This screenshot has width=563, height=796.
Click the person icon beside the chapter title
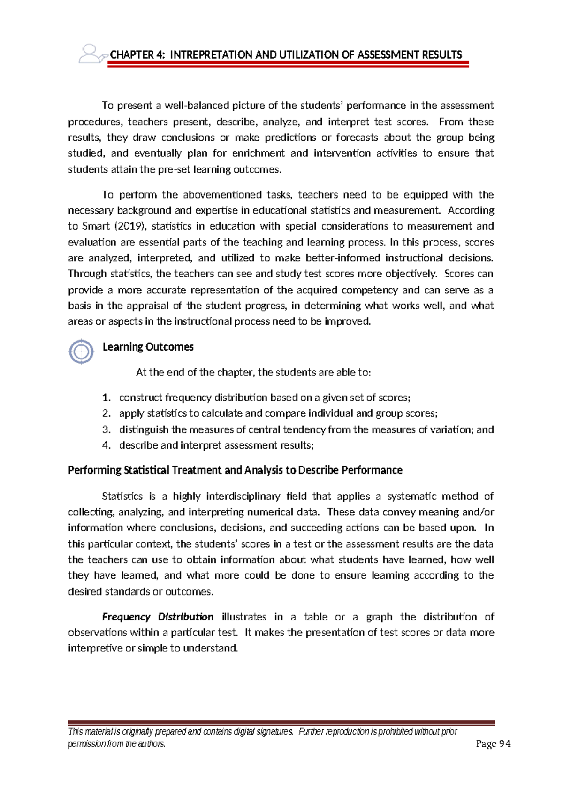(x=91, y=54)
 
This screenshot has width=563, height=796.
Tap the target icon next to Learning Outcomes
(x=81, y=351)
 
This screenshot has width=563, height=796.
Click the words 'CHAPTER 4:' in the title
(x=137, y=55)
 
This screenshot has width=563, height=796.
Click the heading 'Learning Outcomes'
(x=148, y=347)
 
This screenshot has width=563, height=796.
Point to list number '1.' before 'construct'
(x=107, y=398)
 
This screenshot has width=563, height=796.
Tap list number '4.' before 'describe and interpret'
(x=107, y=445)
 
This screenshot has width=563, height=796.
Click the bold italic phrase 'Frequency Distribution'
(x=158, y=617)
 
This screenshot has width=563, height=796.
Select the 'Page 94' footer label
(x=493, y=744)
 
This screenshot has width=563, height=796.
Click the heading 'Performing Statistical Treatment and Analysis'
(x=235, y=470)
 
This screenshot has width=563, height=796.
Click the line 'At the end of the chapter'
(x=253, y=373)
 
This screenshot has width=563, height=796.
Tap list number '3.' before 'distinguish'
(x=107, y=429)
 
